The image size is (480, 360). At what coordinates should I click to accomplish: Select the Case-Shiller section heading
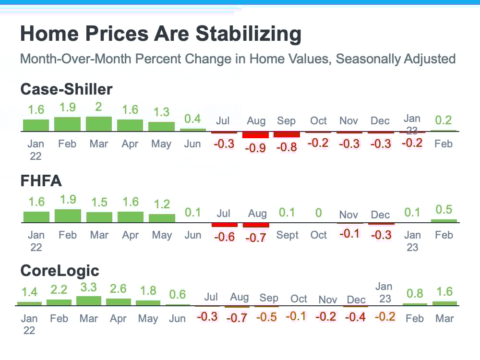click(x=66, y=89)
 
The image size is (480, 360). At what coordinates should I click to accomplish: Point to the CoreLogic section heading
click(x=60, y=271)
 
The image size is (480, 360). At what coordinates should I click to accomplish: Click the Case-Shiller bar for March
click(x=98, y=124)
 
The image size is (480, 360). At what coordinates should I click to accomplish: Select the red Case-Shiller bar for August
click(x=255, y=135)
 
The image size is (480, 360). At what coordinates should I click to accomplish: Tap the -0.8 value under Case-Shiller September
click(x=287, y=147)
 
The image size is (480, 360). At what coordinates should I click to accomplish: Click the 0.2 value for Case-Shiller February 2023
click(x=444, y=120)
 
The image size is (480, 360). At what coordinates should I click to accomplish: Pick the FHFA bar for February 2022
click(x=68, y=216)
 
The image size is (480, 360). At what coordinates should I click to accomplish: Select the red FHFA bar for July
click(x=224, y=225)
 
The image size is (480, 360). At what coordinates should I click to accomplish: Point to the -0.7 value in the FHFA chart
click(x=255, y=238)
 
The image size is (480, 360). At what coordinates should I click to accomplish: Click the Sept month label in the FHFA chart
click(x=287, y=235)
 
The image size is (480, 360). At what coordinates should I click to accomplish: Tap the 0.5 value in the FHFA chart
click(x=444, y=209)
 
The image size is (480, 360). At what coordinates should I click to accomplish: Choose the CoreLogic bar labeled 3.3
click(x=89, y=300)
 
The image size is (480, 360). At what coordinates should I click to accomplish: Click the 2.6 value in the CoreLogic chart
click(x=118, y=288)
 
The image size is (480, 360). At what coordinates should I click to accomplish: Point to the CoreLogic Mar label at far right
click(x=444, y=319)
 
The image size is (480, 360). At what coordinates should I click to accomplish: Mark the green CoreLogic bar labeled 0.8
click(x=415, y=304)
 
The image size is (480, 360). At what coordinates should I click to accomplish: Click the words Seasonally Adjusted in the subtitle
click(x=396, y=59)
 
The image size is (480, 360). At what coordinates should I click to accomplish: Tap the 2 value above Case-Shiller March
click(x=98, y=107)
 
